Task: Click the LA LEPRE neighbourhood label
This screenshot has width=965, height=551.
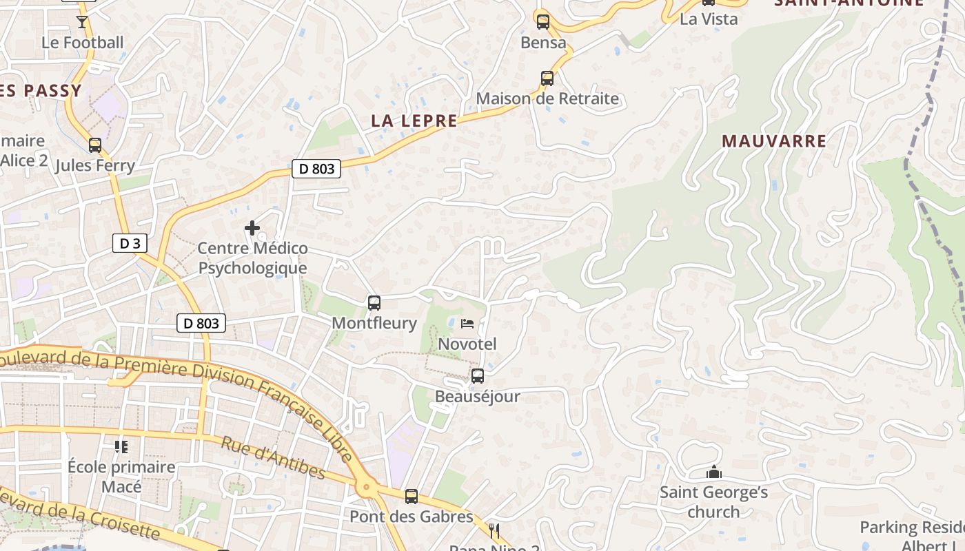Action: (x=414, y=121)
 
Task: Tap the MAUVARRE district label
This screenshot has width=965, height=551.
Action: (x=774, y=141)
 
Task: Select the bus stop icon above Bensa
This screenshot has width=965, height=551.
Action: (x=543, y=22)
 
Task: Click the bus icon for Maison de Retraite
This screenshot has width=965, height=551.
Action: (x=547, y=78)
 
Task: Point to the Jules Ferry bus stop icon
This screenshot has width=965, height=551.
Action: (x=95, y=145)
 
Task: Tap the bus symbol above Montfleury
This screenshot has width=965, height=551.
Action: (x=374, y=302)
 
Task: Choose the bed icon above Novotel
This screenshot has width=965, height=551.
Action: (x=467, y=323)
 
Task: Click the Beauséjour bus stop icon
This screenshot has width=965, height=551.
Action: (x=477, y=376)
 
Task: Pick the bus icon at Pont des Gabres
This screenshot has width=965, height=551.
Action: (x=412, y=496)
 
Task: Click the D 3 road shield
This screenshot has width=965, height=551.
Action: (x=130, y=243)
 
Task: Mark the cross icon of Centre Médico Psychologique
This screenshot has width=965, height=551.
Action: (x=252, y=227)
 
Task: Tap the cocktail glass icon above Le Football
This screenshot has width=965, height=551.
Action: (x=82, y=22)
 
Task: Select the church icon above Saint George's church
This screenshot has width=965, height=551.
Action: (x=713, y=472)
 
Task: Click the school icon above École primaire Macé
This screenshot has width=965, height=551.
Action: (x=121, y=447)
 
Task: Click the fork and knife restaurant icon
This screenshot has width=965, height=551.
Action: (x=494, y=530)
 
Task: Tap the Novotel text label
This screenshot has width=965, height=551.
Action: (x=467, y=344)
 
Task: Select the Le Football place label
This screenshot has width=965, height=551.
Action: (x=83, y=43)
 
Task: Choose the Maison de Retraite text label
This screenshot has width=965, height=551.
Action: (x=547, y=98)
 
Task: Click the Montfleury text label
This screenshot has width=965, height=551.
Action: (x=374, y=323)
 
